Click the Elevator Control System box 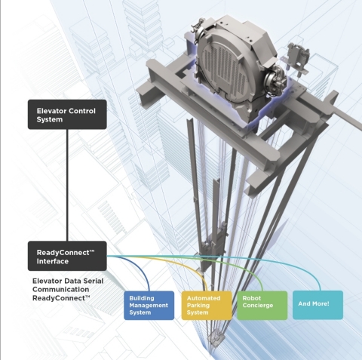pos(67,115)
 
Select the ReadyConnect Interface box pos(67,256)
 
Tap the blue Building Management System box pos(149,306)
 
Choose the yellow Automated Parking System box pos(207,306)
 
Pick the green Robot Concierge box pos(262,306)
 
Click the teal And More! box pos(318,305)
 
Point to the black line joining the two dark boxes pos(67,185)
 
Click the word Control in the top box pos(82,111)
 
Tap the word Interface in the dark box pos(53,261)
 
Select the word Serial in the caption pos(93,281)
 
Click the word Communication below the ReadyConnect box pos(60,289)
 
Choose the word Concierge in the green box pos(258,306)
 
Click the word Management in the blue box pos(149,306)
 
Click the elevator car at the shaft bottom pos(216,340)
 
